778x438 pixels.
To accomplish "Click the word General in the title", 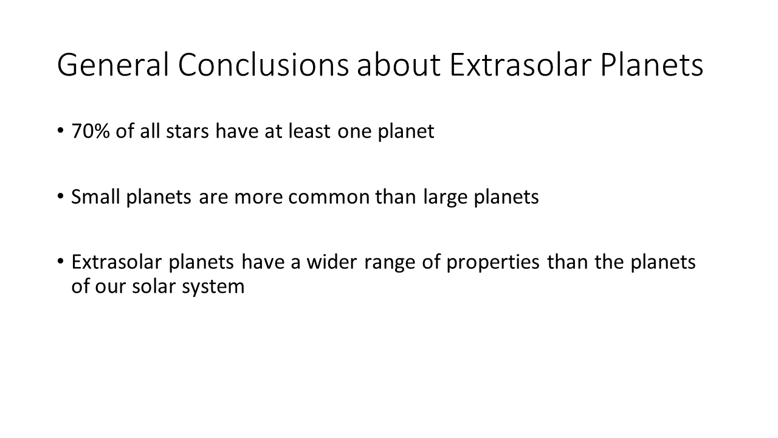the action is click(x=113, y=64).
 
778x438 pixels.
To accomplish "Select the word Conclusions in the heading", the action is click(x=263, y=64).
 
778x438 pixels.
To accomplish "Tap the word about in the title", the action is click(x=399, y=64).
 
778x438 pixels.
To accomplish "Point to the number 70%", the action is click(x=91, y=131).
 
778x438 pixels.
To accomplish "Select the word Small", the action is click(x=95, y=196).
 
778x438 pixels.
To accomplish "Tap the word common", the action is click(x=329, y=197).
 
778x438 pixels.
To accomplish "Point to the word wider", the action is click(x=332, y=262).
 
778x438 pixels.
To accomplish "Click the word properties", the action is click(x=493, y=263).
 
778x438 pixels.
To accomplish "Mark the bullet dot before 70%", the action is click(x=60, y=131).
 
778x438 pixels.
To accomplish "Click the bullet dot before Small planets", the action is click(x=60, y=196).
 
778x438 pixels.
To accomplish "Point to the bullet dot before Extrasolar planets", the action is click(x=60, y=261).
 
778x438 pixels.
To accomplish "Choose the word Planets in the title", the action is click(x=652, y=64).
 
